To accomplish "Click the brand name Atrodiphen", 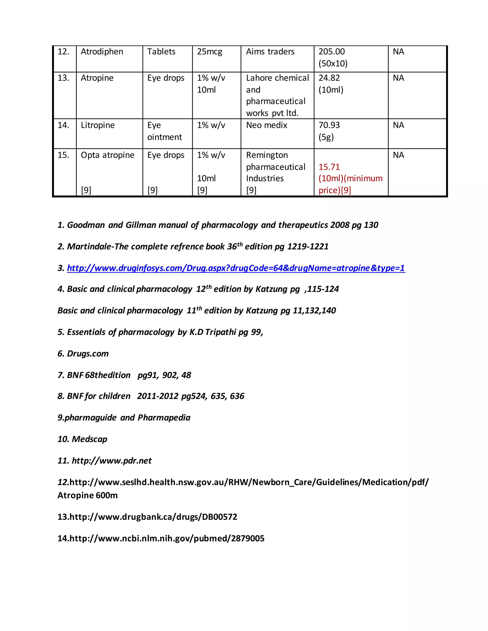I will pyautogui.click(x=102, y=52).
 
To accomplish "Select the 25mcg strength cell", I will pyautogui.click(x=210, y=52).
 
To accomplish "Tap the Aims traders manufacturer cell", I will pyautogui.click(x=270, y=52).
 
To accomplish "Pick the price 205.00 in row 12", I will pyautogui.click(x=332, y=52).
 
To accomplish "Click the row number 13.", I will pyautogui.click(x=63, y=78).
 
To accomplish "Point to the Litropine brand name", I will pyautogui.click(x=98, y=125).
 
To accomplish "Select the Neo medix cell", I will pyautogui.click(x=267, y=125).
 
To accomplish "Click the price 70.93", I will pyautogui.click(x=329, y=125).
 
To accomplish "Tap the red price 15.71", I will pyautogui.click(x=329, y=167).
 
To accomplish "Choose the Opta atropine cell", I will pyautogui.click(x=107, y=155).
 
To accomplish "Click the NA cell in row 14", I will pyautogui.click(x=398, y=125).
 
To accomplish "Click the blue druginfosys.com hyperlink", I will pyautogui.click(x=236, y=268).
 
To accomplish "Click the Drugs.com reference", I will pyautogui.click(x=88, y=354).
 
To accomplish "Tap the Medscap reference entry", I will pyautogui.click(x=89, y=439).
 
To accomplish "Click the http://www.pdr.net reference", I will pyautogui.click(x=112, y=461).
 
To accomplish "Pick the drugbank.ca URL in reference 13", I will pyautogui.click(x=153, y=517).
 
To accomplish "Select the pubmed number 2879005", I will pyautogui.click(x=248, y=538).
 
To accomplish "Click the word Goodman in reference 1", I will pyautogui.click(x=86, y=225).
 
